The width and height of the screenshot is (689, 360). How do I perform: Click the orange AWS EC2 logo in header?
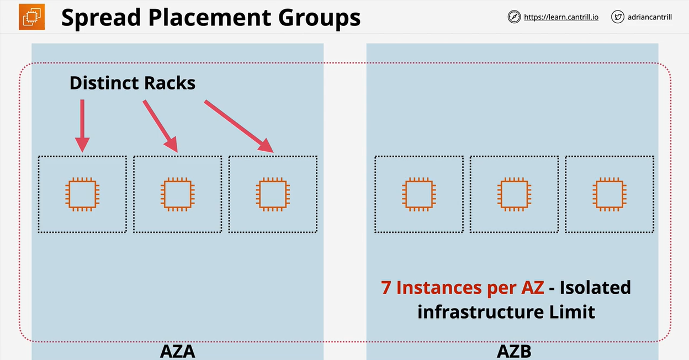[x=31, y=17]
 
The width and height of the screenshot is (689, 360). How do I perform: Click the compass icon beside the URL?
[x=514, y=17]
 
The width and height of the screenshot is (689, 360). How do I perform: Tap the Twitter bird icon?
[x=617, y=17]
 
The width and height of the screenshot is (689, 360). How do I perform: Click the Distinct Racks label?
[x=132, y=83]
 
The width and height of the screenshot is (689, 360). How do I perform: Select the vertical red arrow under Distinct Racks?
[x=82, y=125]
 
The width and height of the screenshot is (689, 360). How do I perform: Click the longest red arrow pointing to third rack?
[x=239, y=126]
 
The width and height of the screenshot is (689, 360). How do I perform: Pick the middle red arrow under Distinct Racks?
[x=160, y=125]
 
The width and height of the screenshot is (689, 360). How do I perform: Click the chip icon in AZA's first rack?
[x=82, y=194]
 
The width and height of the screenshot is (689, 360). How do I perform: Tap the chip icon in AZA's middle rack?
[x=177, y=194]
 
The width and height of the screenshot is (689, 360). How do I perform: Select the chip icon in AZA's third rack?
[x=273, y=194]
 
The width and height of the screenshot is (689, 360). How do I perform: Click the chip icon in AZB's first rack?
[x=419, y=194]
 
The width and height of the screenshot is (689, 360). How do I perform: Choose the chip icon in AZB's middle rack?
[x=514, y=194]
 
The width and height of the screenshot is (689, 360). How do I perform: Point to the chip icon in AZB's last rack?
[x=609, y=194]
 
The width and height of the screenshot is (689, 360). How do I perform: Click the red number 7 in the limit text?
[x=386, y=288]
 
